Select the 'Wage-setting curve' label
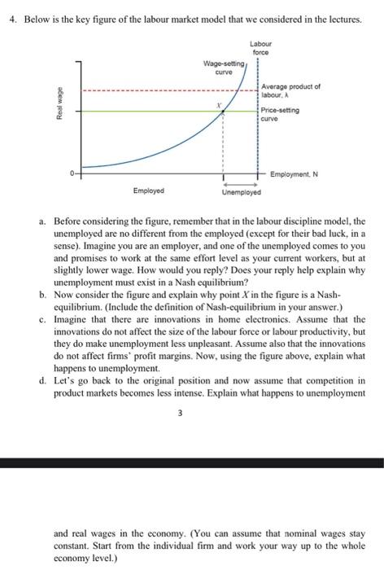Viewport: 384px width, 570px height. (220, 67)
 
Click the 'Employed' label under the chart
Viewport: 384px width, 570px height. (149, 191)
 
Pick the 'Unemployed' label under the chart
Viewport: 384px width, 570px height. (242, 194)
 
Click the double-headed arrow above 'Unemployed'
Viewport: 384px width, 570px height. (242, 184)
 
